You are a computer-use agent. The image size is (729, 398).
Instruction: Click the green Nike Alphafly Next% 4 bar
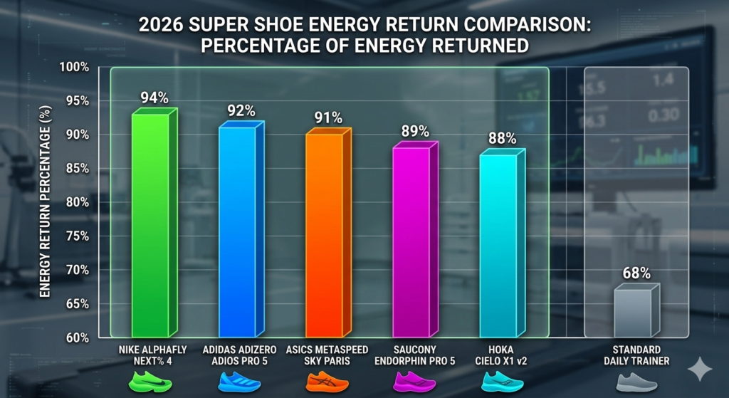click(150, 224)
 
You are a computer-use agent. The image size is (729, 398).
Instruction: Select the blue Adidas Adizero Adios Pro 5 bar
click(236, 231)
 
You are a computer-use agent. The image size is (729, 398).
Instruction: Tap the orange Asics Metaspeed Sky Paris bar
click(324, 235)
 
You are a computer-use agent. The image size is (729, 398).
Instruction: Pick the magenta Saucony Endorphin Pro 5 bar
click(411, 242)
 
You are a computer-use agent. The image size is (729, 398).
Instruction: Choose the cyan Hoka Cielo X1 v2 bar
click(498, 246)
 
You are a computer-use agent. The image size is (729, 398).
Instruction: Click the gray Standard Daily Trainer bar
click(632, 313)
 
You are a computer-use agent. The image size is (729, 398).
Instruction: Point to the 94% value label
click(154, 98)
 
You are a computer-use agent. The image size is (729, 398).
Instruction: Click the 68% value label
click(636, 273)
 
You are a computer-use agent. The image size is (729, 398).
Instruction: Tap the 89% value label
click(415, 131)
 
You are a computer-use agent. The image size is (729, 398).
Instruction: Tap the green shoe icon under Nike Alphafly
click(150, 383)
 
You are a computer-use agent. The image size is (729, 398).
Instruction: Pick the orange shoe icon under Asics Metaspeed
click(324, 383)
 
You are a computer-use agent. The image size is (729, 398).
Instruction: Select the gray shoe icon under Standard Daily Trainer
click(636, 383)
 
